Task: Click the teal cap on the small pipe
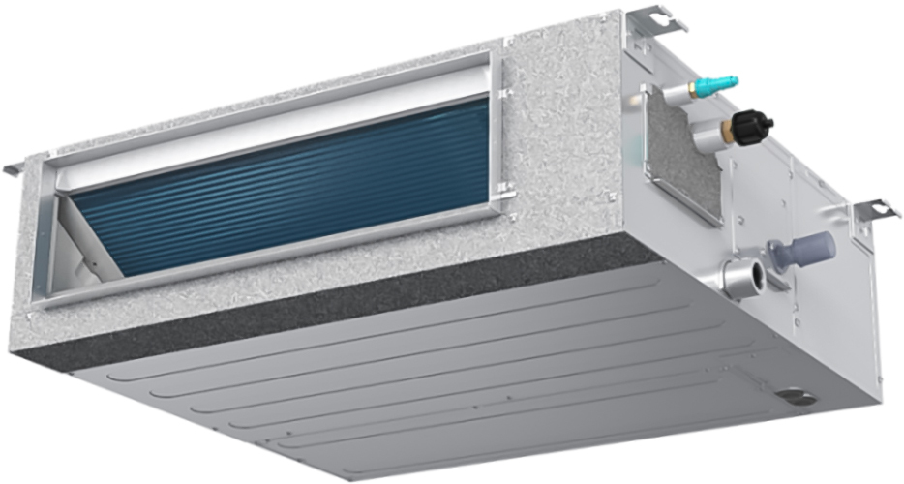point(722,83)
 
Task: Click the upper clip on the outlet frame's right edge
point(502,93)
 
